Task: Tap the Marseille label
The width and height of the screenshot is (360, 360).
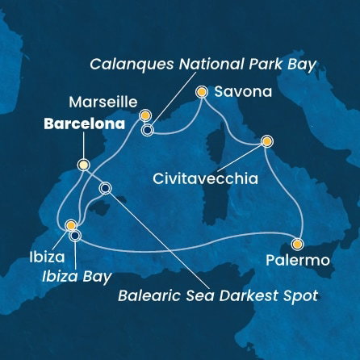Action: [98, 103]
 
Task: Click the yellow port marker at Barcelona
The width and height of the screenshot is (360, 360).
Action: [83, 165]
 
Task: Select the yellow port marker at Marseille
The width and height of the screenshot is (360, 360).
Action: [146, 116]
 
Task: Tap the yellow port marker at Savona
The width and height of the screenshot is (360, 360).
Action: [202, 92]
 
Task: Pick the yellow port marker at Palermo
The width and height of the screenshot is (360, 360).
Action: [297, 244]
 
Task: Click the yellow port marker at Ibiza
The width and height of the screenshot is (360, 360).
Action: [71, 226]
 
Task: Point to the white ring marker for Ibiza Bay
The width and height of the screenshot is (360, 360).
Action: [75, 236]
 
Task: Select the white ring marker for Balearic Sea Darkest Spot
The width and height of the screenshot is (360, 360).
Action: [104, 189]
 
